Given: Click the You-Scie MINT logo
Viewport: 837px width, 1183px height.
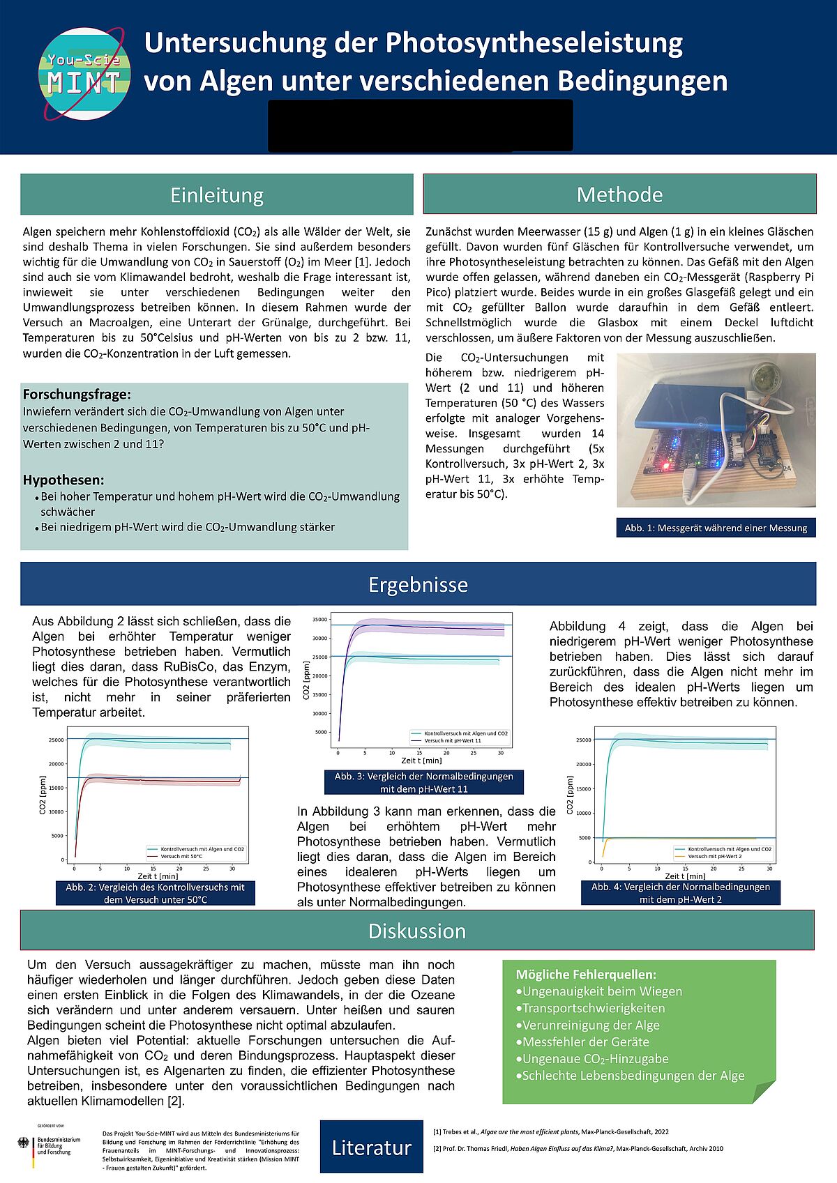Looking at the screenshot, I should click(84, 74).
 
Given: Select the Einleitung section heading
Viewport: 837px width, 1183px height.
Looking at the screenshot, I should click(217, 194).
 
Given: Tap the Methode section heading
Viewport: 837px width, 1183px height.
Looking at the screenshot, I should click(619, 194).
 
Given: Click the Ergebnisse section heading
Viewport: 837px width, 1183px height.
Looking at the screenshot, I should click(418, 584).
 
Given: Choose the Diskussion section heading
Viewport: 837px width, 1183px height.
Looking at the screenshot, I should click(417, 931).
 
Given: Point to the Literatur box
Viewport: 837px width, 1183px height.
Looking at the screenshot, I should click(371, 1147).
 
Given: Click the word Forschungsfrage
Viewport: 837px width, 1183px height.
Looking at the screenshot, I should click(77, 395).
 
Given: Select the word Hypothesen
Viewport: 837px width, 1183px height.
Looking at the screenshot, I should click(63, 480).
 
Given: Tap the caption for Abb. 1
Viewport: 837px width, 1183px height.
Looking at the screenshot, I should click(716, 528).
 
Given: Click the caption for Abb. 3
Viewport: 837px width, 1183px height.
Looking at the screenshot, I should click(423, 782).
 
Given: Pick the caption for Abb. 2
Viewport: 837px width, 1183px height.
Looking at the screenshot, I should click(155, 893).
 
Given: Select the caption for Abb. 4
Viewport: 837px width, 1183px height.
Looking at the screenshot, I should click(680, 893).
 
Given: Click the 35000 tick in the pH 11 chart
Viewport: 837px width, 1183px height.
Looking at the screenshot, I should click(319, 620).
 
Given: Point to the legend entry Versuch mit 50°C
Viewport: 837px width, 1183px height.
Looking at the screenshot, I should click(181, 856).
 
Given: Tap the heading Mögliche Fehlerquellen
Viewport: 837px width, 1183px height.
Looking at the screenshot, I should click(586, 974).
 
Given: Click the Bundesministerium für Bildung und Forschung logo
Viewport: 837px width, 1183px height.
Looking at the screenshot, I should click(49, 1147).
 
